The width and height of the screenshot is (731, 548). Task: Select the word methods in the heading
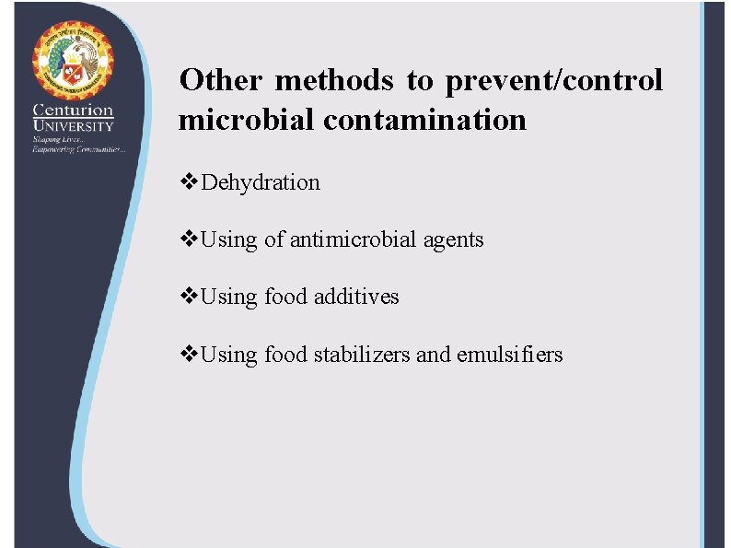(x=334, y=81)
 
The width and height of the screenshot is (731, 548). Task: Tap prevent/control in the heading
(x=553, y=81)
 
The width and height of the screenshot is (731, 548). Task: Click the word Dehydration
(x=261, y=183)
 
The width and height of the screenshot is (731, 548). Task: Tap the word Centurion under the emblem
(x=74, y=111)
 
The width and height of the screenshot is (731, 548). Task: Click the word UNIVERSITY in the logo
(x=74, y=126)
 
